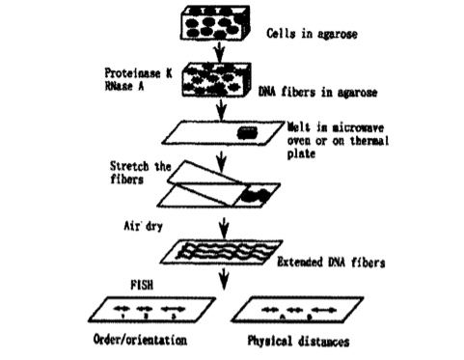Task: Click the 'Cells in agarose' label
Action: (312, 34)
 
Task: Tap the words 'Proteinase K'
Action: (138, 73)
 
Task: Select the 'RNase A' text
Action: (124, 86)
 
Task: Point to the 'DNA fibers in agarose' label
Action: (317, 93)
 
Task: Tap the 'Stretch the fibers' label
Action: (141, 173)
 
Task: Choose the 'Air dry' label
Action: (144, 226)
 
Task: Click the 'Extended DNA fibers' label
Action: (331, 263)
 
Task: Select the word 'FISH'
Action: (142, 285)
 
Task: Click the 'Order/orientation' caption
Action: (140, 340)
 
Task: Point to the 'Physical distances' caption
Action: (298, 341)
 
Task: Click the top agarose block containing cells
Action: (215, 22)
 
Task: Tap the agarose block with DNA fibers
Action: (216, 80)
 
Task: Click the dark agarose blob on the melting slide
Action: (247, 132)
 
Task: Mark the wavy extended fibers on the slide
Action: (227, 251)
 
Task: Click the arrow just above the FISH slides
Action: (224, 279)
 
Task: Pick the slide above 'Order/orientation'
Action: (151, 310)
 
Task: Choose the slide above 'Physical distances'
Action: (297, 310)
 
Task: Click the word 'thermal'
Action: (369, 141)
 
